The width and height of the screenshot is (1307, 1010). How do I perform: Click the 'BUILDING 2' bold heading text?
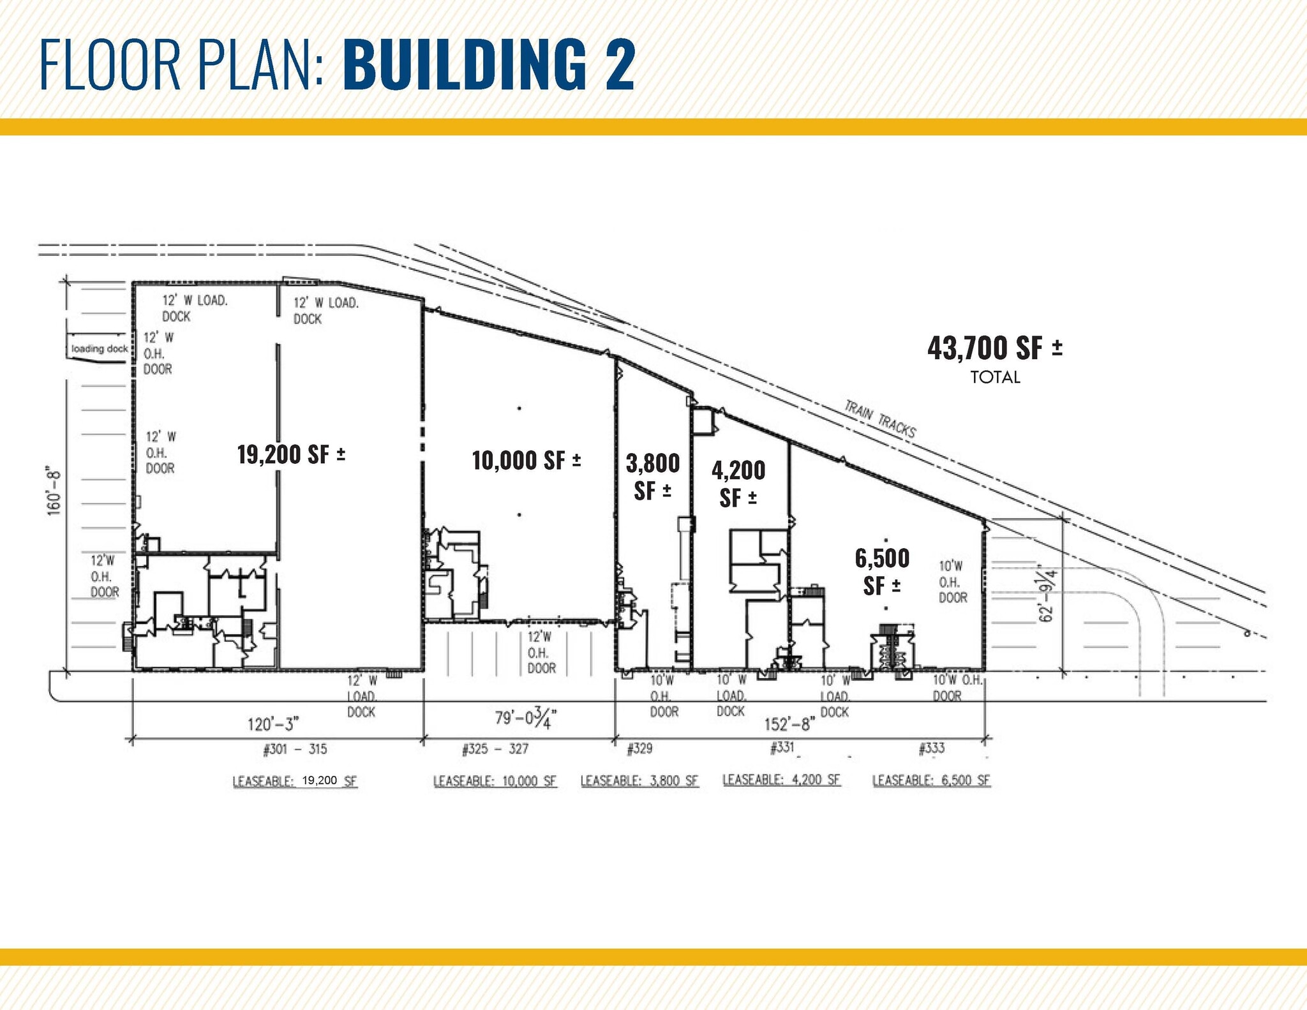pyautogui.click(x=489, y=64)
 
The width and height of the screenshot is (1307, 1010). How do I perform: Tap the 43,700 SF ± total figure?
pyautogui.click(x=994, y=348)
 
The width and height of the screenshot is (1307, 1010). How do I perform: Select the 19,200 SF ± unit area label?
pyautogui.click(x=291, y=455)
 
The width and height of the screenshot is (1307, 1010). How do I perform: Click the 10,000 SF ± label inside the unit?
pyautogui.click(x=526, y=460)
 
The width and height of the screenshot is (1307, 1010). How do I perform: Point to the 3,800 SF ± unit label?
pyautogui.click(x=652, y=477)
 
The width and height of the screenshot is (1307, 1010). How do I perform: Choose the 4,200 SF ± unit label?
pyautogui.click(x=738, y=484)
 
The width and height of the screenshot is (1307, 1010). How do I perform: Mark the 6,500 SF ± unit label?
pyautogui.click(x=882, y=572)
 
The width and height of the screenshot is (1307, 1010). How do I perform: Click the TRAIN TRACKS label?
pyautogui.click(x=880, y=419)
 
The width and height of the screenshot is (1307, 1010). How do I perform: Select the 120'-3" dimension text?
pyautogui.click(x=273, y=724)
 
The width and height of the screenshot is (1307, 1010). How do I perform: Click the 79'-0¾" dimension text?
pyautogui.click(x=526, y=718)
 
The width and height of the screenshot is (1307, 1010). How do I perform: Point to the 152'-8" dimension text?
pyautogui.click(x=790, y=724)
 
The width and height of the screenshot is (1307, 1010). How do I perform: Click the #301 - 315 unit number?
pyautogui.click(x=295, y=749)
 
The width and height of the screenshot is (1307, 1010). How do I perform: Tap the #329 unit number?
pyautogui.click(x=639, y=748)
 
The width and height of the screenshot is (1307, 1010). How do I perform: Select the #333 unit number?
pyautogui.click(x=932, y=748)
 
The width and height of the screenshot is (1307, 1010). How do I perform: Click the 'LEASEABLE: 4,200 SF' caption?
pyautogui.click(x=781, y=780)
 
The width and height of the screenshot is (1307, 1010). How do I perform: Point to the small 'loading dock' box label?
pyautogui.click(x=100, y=348)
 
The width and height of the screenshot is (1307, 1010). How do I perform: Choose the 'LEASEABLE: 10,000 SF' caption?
pyautogui.click(x=495, y=781)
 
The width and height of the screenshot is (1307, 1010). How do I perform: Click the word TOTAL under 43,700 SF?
pyautogui.click(x=995, y=377)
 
